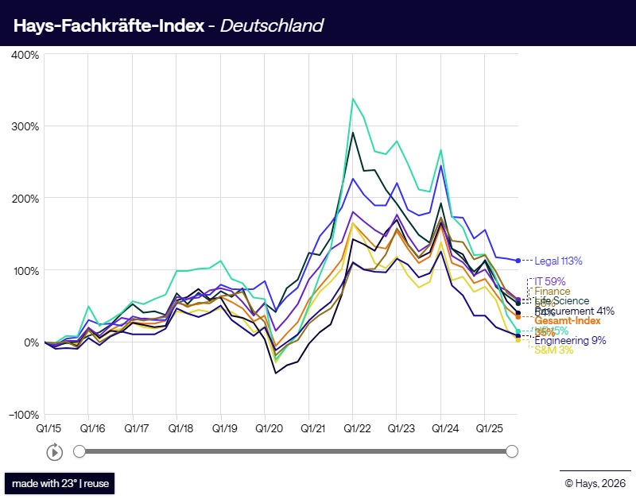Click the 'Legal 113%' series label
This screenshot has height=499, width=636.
[558, 261]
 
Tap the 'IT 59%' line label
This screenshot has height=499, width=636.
[549, 281]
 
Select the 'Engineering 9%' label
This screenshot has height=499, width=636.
[570, 341]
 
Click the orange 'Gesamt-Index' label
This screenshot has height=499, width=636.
[567, 320]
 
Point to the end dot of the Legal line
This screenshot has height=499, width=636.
[518, 261]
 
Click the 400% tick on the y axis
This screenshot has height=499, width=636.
[25, 55]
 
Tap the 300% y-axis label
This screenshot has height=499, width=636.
[25, 126]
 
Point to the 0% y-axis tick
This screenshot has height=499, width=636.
[30, 342]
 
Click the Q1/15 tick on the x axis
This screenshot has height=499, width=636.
[45, 427]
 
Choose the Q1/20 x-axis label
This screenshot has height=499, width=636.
[267, 427]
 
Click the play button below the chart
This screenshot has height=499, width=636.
[54, 452]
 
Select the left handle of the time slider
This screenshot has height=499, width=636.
[79, 451]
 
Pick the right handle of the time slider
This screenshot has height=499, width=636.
[512, 451]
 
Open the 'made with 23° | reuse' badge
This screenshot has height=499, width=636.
[60, 483]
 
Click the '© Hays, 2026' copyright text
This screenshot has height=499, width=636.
[595, 482]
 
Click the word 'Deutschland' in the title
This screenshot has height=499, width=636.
[271, 25]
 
